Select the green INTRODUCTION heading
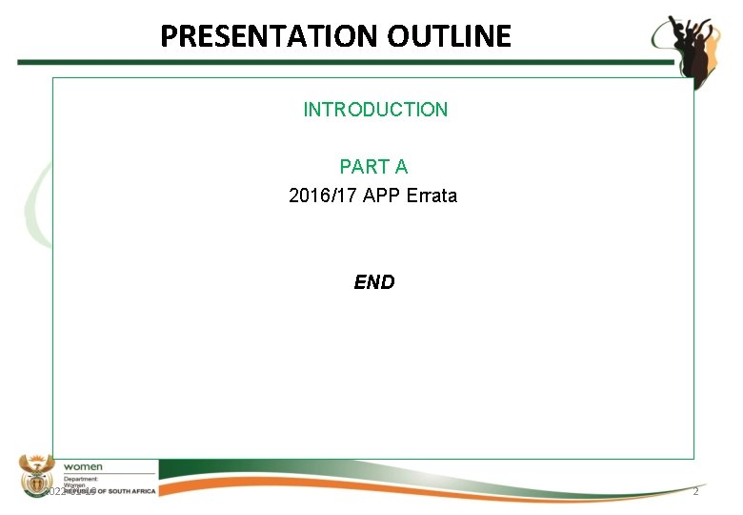point(374,110)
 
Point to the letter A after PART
point(401,167)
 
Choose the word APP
point(380,196)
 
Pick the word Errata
point(432,196)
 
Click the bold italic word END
point(373,282)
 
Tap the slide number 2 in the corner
point(695,491)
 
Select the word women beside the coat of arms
point(83,466)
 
